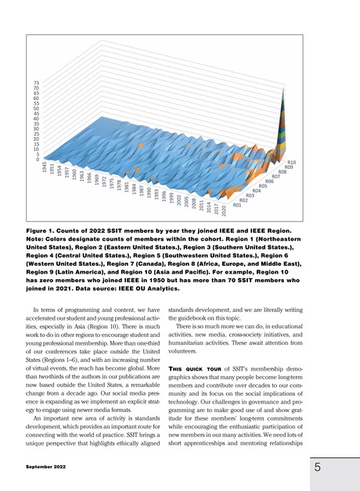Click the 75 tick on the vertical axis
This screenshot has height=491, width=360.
tap(36, 83)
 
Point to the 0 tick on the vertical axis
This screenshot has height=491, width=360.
tap(38, 159)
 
